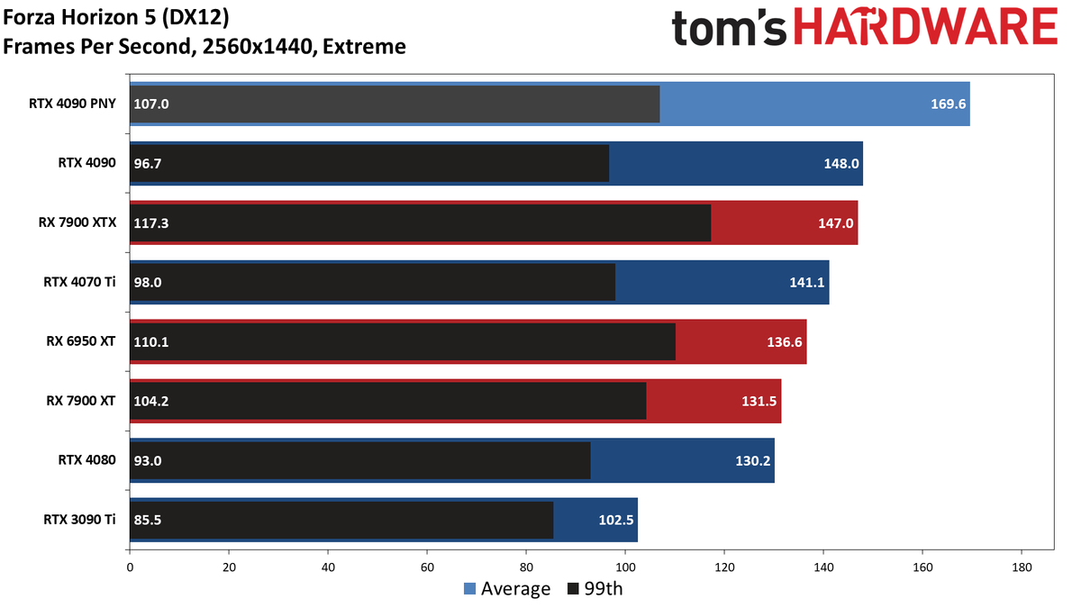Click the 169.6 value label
point(948,104)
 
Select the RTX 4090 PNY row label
point(72,104)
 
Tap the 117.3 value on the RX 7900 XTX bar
point(151,223)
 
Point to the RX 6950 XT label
point(80,341)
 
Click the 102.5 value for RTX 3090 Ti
point(616,521)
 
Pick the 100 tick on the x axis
point(625,567)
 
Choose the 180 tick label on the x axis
point(1022,567)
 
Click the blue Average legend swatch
point(469,589)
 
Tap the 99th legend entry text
point(604,589)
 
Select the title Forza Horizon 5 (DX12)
point(116,18)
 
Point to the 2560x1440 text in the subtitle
point(259,47)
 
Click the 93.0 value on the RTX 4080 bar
point(148,461)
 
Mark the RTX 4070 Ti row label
point(79,282)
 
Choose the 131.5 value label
point(759,402)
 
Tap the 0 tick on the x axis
point(130,567)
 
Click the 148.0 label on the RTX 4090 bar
point(841,164)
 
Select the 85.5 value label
point(148,521)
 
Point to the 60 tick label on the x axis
point(427,567)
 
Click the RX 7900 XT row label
point(80,401)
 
